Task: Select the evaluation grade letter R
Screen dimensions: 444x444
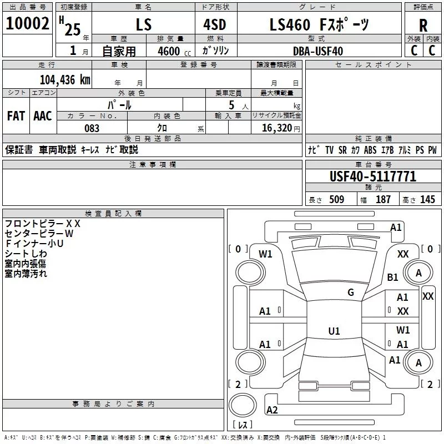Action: click(423, 25)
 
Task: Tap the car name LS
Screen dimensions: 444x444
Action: click(143, 25)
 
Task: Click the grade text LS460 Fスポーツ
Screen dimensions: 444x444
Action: click(318, 25)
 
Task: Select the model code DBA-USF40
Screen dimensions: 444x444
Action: click(318, 51)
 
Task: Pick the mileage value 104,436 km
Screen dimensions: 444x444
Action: click(65, 79)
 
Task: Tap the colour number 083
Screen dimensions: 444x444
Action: click(92, 128)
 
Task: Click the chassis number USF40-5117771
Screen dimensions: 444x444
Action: click(372, 177)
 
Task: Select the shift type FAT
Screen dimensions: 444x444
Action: click(16, 116)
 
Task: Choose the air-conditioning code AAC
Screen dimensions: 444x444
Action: click(43, 116)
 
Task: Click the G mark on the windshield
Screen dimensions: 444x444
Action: click(350, 292)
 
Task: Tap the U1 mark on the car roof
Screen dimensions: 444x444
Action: click(334, 331)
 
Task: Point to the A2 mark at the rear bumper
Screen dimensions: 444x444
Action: click(272, 410)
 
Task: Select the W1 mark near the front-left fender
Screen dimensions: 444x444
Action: click(266, 254)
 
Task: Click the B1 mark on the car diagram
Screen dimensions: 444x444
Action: click(393, 277)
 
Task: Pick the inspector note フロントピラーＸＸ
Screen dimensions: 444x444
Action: click(43, 223)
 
